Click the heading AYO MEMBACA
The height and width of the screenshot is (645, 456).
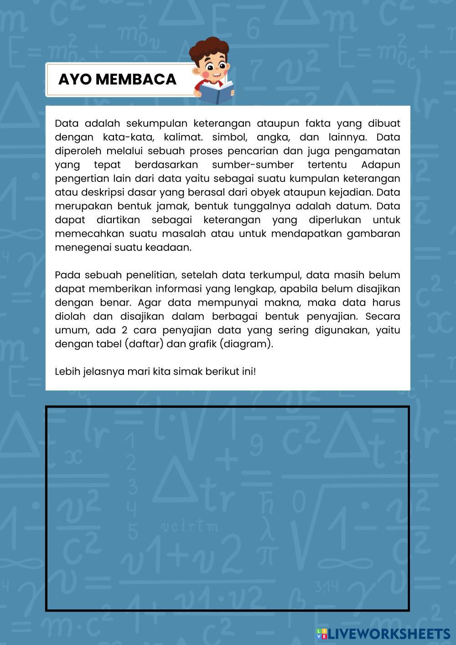[117, 79]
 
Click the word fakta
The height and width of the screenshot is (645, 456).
[317, 123]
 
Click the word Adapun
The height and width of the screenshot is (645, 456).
[380, 165]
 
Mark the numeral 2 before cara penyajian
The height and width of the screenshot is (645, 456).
[124, 330]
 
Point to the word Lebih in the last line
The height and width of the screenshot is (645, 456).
[67, 371]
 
